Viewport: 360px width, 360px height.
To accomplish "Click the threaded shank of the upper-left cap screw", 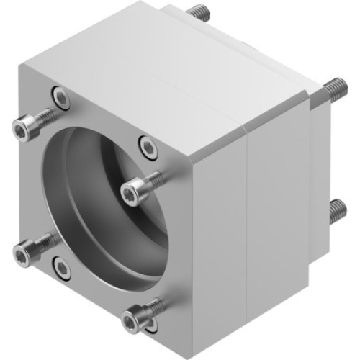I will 43,115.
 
